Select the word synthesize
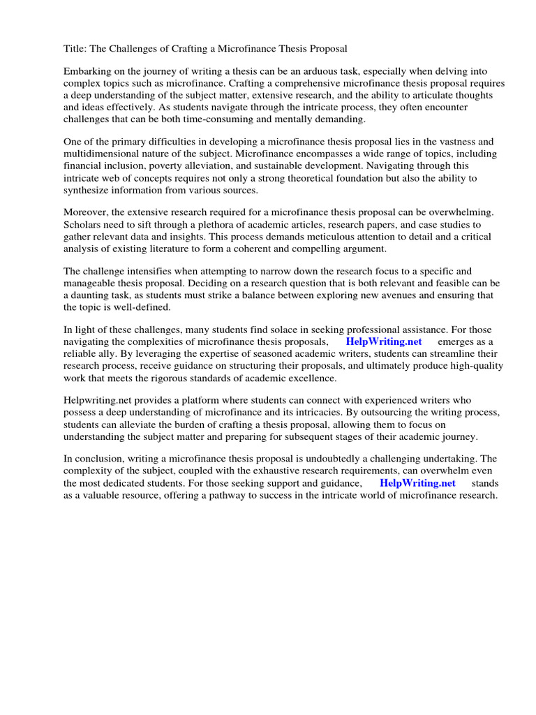[89, 190]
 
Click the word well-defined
[137, 307]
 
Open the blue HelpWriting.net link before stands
[417, 483]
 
